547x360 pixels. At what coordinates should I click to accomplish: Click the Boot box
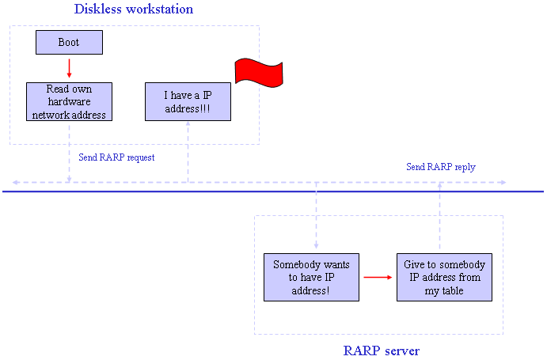pyautogui.click(x=69, y=42)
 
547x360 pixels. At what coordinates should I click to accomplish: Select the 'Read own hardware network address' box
pyautogui.click(x=69, y=101)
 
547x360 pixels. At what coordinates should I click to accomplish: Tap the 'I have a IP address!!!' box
pyautogui.click(x=188, y=101)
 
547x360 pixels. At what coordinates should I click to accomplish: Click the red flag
pyautogui.click(x=259, y=73)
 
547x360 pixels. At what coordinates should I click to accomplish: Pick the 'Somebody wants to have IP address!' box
pyautogui.click(x=311, y=278)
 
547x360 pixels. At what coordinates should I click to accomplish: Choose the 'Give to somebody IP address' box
pyautogui.click(x=444, y=278)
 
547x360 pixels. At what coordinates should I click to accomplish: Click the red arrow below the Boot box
pyautogui.click(x=69, y=68)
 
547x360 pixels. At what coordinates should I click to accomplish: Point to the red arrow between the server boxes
pyautogui.click(x=378, y=278)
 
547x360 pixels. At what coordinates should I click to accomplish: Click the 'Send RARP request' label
pyautogui.click(x=116, y=157)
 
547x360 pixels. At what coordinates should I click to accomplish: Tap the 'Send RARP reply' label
pyautogui.click(x=441, y=167)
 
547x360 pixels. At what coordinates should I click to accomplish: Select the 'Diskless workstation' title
pyautogui.click(x=134, y=9)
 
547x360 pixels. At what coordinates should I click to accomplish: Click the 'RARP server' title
pyautogui.click(x=382, y=351)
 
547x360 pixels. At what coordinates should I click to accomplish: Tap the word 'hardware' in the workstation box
pyautogui.click(x=69, y=101)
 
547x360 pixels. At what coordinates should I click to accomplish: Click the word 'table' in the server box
pyautogui.click(x=453, y=290)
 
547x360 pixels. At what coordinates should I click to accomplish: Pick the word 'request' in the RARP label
pyautogui.click(x=141, y=158)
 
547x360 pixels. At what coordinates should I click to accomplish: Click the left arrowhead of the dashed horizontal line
pyautogui.click(x=15, y=183)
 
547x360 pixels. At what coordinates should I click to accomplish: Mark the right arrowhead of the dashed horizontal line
pyautogui.click(x=503, y=183)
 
